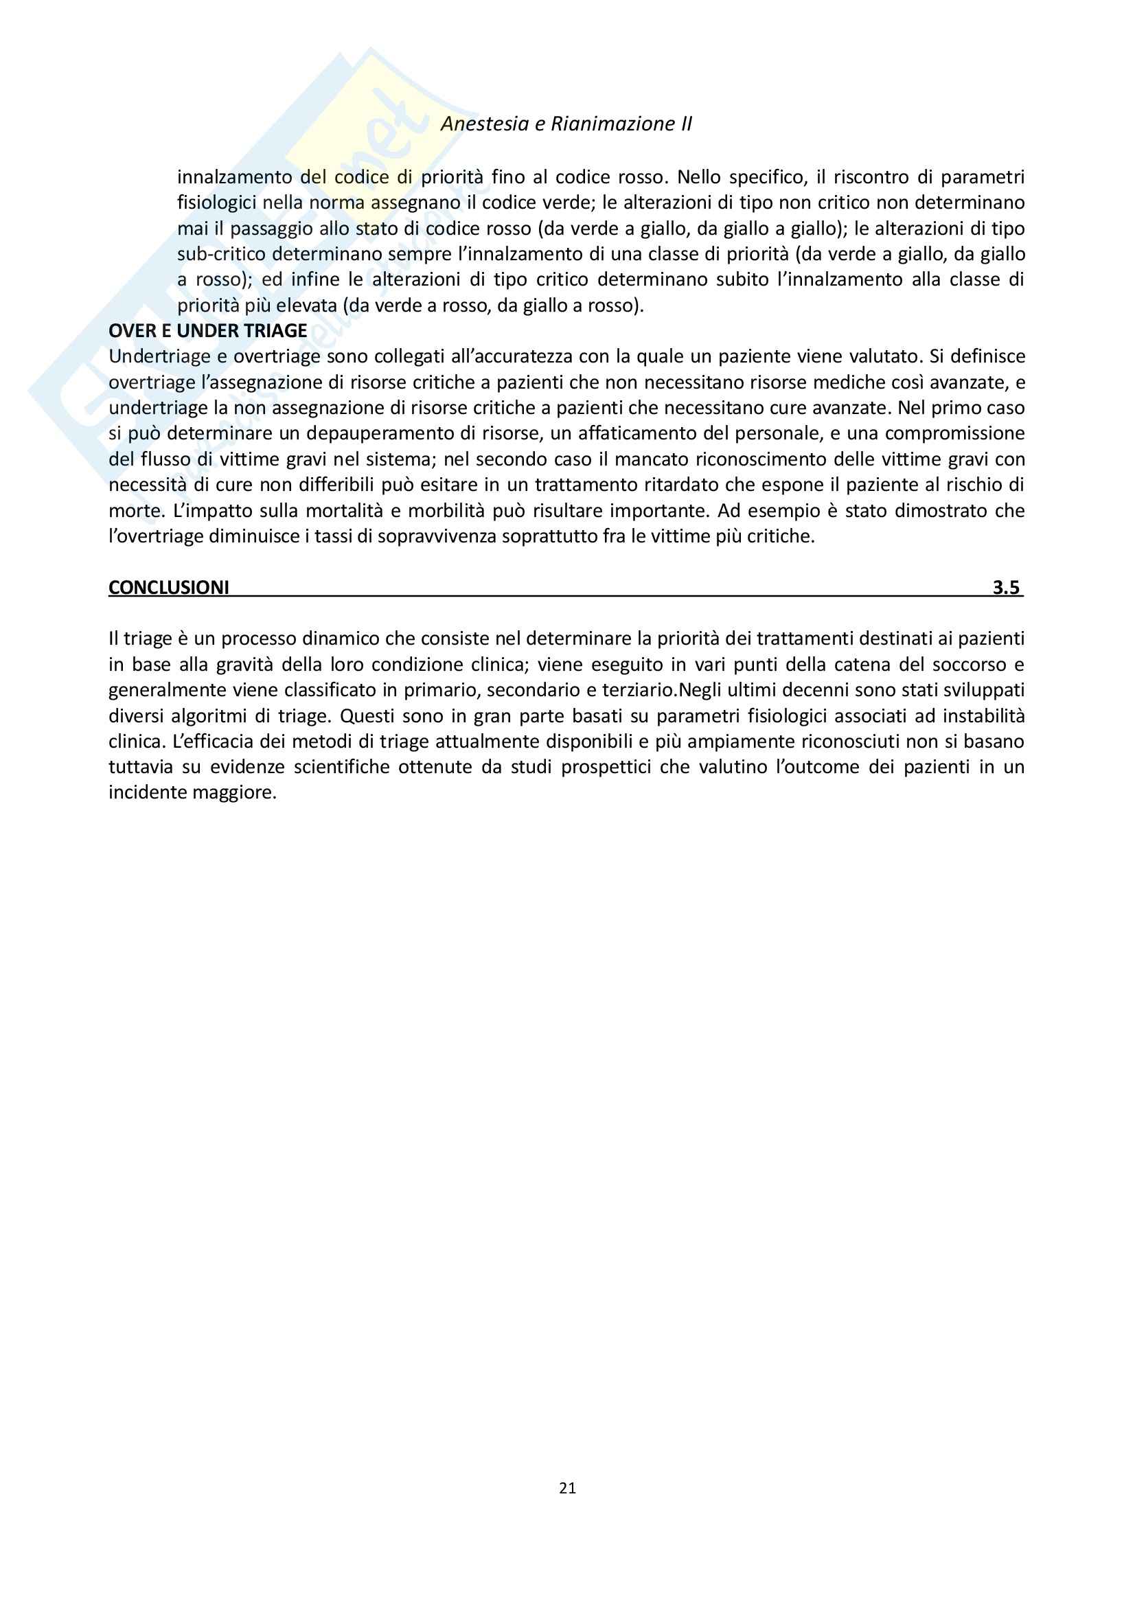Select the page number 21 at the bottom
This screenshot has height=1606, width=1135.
(567, 1488)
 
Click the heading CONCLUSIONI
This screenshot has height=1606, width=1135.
(168, 588)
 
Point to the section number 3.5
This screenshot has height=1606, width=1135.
(1006, 588)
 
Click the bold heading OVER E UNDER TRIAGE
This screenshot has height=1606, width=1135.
(207, 331)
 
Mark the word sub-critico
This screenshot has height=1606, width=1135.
(221, 254)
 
